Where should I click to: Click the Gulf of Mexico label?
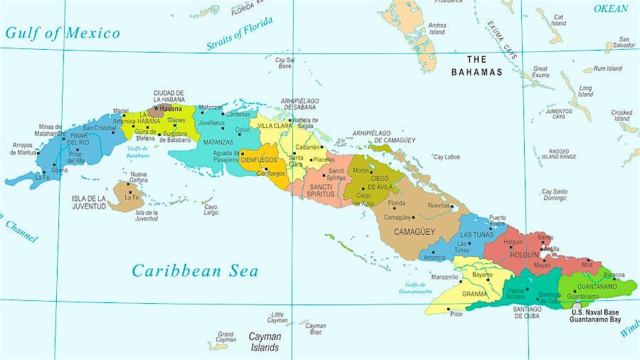[x=63, y=33]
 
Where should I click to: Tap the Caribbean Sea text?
[x=195, y=271]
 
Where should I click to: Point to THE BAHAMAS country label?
[x=476, y=65]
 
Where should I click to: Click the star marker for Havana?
[x=156, y=108]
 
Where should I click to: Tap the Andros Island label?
[x=437, y=28]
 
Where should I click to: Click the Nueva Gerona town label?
[x=138, y=177]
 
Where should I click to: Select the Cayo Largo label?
[x=211, y=210]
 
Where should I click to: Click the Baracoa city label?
[x=614, y=275]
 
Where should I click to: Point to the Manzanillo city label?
[x=444, y=277]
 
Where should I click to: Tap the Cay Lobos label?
[x=447, y=157]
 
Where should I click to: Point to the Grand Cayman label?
[x=225, y=337]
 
